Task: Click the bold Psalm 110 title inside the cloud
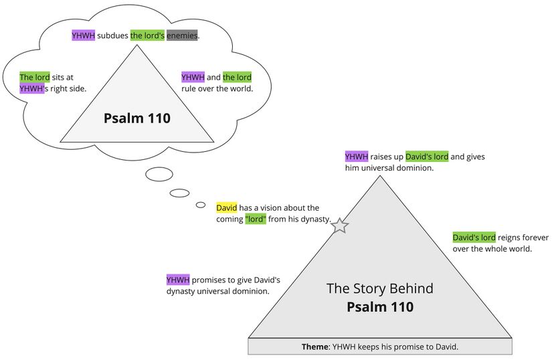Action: tap(137, 118)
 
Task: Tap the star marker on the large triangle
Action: tap(340, 226)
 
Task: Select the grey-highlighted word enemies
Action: tap(183, 35)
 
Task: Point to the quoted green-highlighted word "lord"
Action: tap(256, 219)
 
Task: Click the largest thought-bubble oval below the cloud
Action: tap(159, 175)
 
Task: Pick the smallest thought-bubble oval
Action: tap(201, 205)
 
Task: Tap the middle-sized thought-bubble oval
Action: tap(179, 193)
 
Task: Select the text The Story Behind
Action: tap(379, 288)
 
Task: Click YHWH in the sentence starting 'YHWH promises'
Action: tap(178, 280)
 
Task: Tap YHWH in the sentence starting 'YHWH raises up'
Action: tap(357, 157)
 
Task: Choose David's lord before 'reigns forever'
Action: tap(474, 238)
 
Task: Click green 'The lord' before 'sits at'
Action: tap(35, 77)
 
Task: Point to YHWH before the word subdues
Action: tap(83, 35)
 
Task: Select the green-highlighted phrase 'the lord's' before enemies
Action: tap(147, 35)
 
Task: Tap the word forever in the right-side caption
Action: tap(534, 238)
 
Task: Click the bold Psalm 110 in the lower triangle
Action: tap(379, 307)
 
